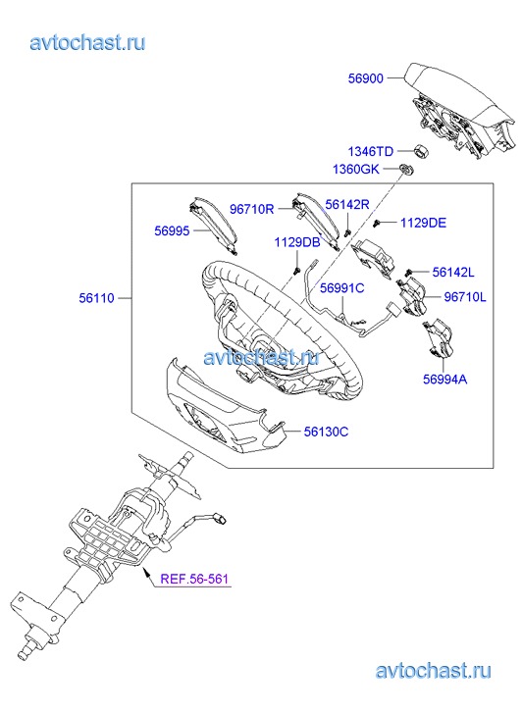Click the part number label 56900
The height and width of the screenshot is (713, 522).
pyautogui.click(x=365, y=78)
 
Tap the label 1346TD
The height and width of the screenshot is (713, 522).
pyautogui.click(x=371, y=151)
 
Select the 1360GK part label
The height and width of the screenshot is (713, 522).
pyautogui.click(x=356, y=169)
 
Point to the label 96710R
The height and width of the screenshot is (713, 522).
pyautogui.click(x=251, y=209)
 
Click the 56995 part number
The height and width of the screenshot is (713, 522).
pyautogui.click(x=172, y=230)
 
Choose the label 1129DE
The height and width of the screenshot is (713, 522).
pyautogui.click(x=423, y=223)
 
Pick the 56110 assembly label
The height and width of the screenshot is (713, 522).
pyautogui.click(x=96, y=298)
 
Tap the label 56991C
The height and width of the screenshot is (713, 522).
pyautogui.click(x=341, y=287)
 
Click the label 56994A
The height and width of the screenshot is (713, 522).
pyautogui.click(x=445, y=379)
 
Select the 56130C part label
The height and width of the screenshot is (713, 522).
pyautogui.click(x=327, y=432)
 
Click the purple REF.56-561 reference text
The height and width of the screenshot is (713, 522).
pyautogui.click(x=194, y=579)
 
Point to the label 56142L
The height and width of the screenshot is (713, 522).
pyautogui.click(x=453, y=272)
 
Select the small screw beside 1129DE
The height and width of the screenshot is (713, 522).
pyautogui.click(x=377, y=224)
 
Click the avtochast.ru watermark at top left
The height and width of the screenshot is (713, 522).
pyautogui.click(x=88, y=43)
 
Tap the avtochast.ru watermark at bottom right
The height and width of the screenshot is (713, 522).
pyautogui.click(x=434, y=671)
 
